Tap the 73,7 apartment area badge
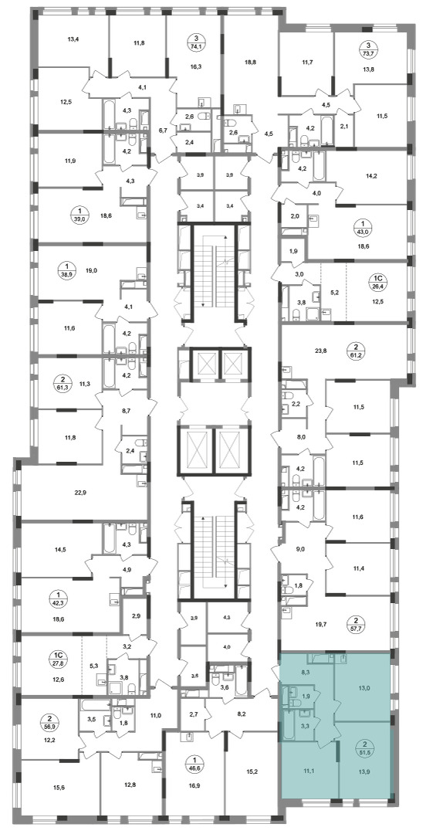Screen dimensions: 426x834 pyautogui.click(x=365, y=49)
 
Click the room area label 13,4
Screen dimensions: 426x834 pyautogui.click(x=73, y=38)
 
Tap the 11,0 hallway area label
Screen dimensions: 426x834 pyautogui.click(x=155, y=715)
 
